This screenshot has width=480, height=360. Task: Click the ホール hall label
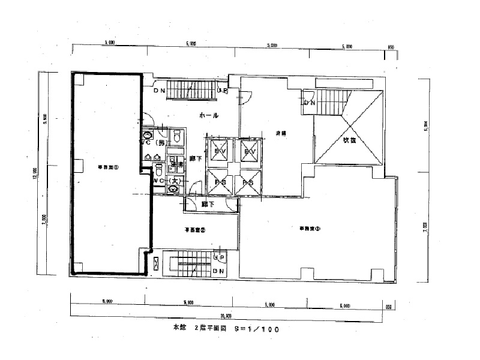[208, 115]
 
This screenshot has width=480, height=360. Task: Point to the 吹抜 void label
[350, 140]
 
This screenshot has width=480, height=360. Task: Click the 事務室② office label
[196, 229]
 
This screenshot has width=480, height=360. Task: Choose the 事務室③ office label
[310, 228]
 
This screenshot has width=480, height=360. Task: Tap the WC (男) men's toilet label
[153, 143]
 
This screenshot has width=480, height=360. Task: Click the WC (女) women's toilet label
[166, 180]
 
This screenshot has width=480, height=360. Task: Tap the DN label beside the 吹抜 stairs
[310, 103]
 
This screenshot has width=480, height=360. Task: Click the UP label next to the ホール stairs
[222, 92]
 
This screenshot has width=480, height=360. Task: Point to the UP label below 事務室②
[220, 258]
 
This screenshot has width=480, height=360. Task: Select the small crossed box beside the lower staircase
[157, 262]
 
